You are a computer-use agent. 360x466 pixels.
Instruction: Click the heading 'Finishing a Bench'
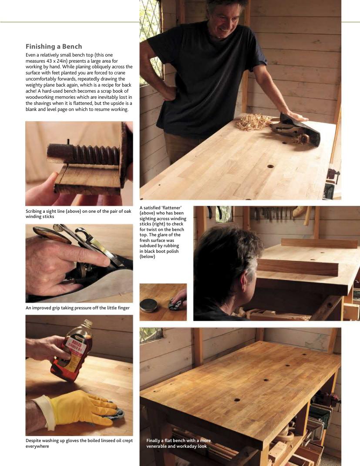pos(54,47)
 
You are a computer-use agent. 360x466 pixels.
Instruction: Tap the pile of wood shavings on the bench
pos(254,122)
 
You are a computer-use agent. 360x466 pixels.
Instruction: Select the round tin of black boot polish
pos(148,305)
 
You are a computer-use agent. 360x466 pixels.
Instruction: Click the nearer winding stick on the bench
pos(298,267)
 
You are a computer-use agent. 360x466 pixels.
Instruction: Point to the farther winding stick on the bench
pos(319,243)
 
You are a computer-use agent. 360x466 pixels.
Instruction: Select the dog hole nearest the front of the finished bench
pos(237,400)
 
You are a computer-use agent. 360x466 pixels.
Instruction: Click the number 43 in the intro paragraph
pos(50,61)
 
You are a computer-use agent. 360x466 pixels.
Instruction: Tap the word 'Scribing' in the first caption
pos(34,211)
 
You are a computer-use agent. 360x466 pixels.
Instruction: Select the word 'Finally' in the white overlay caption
pos(153,440)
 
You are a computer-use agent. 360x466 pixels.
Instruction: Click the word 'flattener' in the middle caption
pos(171,208)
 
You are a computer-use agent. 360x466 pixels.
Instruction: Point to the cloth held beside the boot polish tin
pos(175,305)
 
